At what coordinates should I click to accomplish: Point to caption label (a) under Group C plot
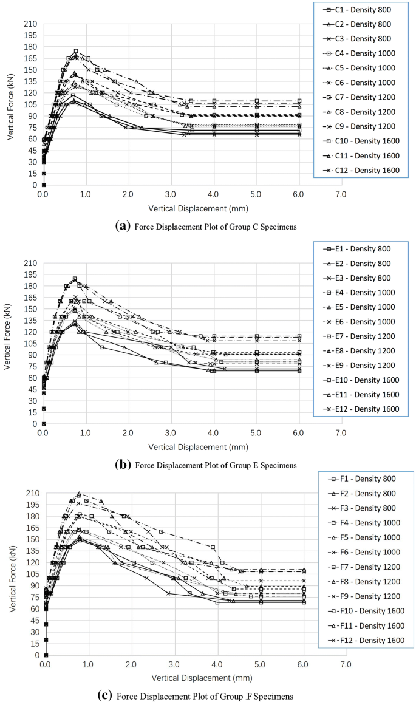[120, 226]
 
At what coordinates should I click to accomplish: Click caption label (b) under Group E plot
[121, 465]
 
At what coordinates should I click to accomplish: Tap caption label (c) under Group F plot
[104, 695]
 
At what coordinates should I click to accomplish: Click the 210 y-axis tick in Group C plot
[30, 24]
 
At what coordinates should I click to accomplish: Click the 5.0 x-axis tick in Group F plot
[260, 665]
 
